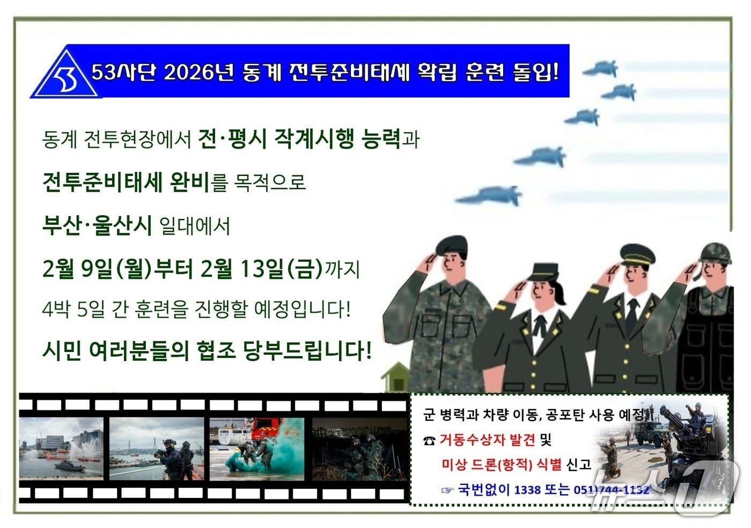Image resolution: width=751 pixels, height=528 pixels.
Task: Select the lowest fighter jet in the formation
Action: (491, 195)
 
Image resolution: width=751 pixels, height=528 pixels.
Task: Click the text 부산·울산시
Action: (97, 225)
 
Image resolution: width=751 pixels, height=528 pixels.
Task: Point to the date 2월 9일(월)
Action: (97, 268)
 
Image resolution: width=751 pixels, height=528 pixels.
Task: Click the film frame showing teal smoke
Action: (256, 449)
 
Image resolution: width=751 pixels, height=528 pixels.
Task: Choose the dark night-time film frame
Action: (358, 449)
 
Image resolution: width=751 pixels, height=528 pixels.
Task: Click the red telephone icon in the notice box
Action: (429, 441)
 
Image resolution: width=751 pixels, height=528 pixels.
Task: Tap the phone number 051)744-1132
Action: (611, 489)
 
